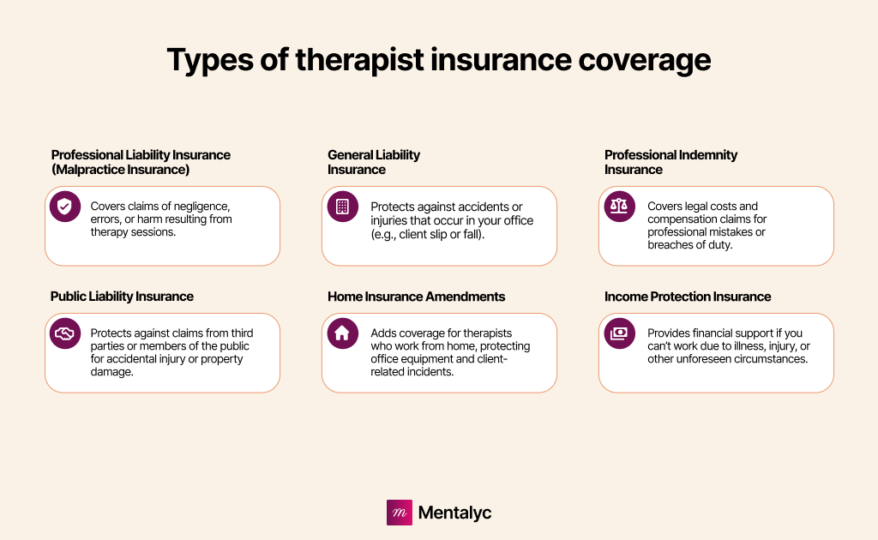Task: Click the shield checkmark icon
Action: [x=65, y=207]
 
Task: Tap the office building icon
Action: [x=342, y=207]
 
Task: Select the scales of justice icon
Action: [x=619, y=207]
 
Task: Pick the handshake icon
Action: [x=65, y=333]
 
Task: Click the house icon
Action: [x=342, y=333]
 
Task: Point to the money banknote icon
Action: [x=619, y=333]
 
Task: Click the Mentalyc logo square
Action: [x=400, y=513]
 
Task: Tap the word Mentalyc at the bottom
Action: [x=454, y=513]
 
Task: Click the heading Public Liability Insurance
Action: [x=122, y=297]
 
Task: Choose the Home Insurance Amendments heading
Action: [x=416, y=297]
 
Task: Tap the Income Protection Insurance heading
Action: [x=688, y=297]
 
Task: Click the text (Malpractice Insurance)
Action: [x=120, y=170]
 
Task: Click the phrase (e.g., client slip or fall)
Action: [x=427, y=235]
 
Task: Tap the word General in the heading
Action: [x=350, y=155]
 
